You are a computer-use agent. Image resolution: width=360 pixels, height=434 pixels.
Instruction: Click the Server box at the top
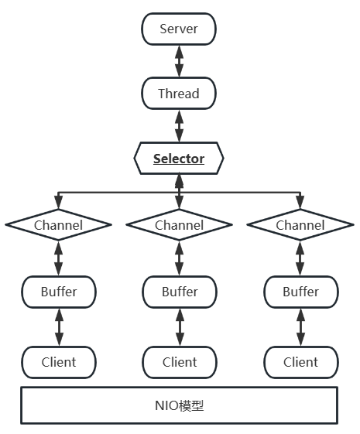[x=179, y=29]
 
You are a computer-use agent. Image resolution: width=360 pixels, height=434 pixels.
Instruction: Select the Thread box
[x=179, y=94]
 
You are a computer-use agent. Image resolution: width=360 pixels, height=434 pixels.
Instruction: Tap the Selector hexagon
[x=179, y=159]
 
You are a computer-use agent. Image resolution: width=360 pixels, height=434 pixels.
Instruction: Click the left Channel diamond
[x=59, y=225]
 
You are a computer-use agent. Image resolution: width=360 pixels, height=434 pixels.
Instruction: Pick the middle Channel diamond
[x=180, y=225]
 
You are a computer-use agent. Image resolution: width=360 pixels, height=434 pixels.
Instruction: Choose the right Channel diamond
[x=300, y=225]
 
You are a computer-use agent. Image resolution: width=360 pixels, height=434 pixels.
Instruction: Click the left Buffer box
[x=59, y=292]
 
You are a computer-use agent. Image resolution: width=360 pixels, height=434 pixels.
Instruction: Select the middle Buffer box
[x=180, y=292]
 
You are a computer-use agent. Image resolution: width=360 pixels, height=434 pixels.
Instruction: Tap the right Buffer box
[x=300, y=292]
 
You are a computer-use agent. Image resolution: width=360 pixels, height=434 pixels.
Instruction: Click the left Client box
[x=59, y=361]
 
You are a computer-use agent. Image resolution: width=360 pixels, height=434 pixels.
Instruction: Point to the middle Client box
[x=180, y=361]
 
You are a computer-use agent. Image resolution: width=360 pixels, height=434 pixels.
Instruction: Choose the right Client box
[x=300, y=361]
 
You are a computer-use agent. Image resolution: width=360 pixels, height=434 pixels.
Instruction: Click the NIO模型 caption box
[x=179, y=405]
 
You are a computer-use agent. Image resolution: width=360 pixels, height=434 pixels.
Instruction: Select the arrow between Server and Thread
[x=179, y=61]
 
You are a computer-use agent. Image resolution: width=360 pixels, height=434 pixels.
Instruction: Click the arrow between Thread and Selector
[x=179, y=125]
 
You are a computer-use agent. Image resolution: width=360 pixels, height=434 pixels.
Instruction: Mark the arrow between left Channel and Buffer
[x=59, y=258]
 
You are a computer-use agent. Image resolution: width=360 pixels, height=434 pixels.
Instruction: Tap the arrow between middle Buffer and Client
[x=180, y=326]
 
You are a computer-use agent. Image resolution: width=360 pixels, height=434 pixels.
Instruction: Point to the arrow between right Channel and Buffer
[x=300, y=258]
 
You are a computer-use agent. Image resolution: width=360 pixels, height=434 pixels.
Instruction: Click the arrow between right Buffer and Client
[x=300, y=326]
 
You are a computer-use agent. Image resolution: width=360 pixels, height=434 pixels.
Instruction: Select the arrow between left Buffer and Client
[x=59, y=326]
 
